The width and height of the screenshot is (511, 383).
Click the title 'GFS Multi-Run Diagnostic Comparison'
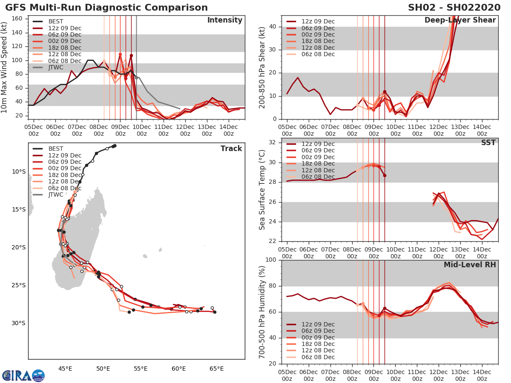106,8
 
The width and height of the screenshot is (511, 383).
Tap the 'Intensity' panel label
224,20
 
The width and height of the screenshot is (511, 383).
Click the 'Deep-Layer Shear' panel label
460,20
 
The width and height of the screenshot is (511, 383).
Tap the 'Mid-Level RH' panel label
469,265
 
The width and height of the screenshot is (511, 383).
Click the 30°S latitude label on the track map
18,323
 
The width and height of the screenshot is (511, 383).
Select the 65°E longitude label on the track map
216,369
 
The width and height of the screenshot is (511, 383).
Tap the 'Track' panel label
231,149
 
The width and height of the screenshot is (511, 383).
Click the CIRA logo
23,375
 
